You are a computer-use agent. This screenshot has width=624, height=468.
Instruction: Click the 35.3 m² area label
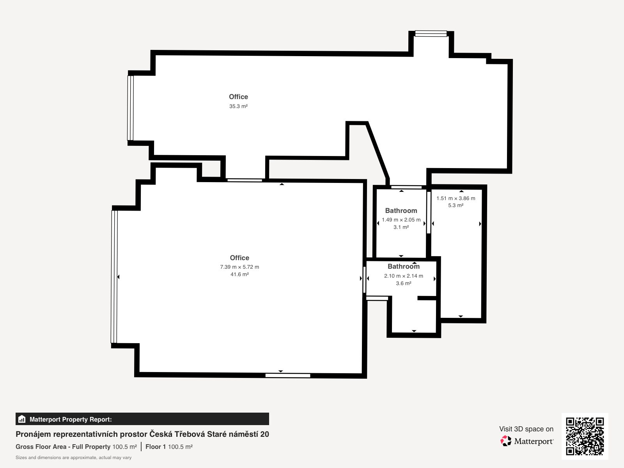238,106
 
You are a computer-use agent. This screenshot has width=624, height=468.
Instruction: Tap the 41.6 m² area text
239,274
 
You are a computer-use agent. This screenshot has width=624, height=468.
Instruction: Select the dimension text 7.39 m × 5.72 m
239,267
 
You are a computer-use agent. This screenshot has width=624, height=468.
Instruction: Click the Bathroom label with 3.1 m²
401,211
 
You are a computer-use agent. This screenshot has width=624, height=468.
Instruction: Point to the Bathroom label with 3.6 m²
403,266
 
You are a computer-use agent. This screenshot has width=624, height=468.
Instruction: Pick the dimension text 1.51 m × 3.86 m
456,199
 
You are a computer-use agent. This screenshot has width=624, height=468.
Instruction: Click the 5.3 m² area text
456,205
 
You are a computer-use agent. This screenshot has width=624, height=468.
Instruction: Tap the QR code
585,436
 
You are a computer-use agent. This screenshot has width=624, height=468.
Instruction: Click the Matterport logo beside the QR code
526,441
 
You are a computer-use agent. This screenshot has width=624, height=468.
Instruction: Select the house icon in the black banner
22,419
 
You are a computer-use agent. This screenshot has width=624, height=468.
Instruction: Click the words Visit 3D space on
526,429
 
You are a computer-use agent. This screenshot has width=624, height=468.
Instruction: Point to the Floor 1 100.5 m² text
169,447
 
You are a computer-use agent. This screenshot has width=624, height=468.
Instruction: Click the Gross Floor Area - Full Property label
63,447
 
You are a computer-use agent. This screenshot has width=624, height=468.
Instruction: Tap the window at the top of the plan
431,34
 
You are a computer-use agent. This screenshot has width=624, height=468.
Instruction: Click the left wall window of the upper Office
131,108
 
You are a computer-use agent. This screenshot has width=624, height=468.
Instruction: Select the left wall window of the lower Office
114,277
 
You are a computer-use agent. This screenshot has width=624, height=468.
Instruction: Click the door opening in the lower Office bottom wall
288,376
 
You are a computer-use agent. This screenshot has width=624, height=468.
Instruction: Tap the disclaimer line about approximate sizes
73,457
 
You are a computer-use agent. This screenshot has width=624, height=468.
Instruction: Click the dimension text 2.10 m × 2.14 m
403,276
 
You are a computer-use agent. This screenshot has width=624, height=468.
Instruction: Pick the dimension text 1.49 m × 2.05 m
401,220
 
